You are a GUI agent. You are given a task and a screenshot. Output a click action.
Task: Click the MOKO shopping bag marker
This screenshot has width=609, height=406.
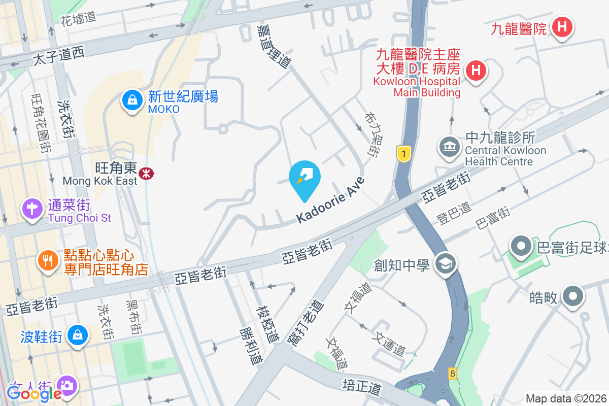132,100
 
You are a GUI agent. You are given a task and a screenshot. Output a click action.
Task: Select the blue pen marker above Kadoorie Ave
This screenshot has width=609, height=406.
304,177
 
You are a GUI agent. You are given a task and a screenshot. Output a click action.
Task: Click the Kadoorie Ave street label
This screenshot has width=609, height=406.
331,200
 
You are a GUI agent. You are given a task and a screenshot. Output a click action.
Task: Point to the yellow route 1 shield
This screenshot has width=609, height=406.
403,154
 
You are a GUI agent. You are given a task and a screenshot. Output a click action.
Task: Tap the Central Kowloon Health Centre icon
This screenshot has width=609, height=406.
449,147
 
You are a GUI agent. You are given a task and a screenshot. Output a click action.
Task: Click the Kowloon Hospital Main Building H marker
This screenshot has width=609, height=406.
476,70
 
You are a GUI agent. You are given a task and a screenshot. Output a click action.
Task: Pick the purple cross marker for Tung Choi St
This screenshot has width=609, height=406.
32,208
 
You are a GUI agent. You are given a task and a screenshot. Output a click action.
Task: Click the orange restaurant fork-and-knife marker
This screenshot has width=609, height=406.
48,261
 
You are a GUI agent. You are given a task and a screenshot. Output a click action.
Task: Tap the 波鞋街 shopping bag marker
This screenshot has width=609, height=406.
77,335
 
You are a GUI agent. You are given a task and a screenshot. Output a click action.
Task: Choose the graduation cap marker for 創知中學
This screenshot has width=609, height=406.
446,263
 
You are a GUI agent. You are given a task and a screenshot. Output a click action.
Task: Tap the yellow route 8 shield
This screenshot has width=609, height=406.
452,374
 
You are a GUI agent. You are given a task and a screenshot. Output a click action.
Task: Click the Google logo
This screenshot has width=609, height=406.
34,393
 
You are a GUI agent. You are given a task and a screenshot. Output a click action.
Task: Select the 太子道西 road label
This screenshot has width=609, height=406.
58,54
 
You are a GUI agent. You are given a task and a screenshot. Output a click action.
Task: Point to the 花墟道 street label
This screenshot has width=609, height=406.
78,18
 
